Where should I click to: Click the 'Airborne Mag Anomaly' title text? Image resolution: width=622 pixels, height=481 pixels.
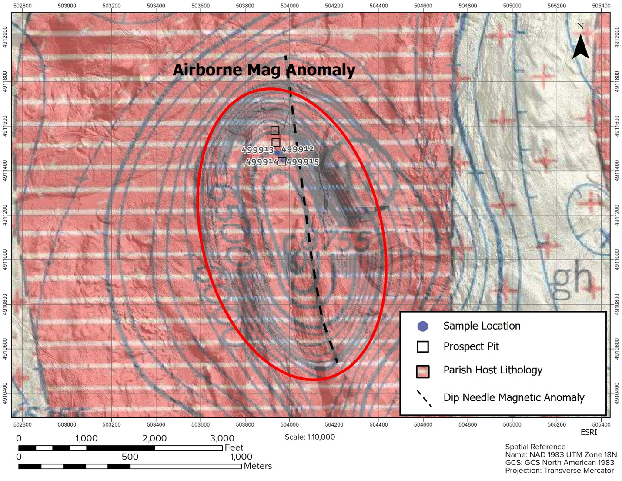tap(264, 70)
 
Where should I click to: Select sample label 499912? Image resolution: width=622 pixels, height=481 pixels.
tap(298, 149)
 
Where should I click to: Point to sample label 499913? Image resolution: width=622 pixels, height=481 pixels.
tap(257, 150)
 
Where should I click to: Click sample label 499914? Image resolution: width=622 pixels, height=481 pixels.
tap(262, 162)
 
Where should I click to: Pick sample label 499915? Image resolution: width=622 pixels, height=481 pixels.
tap(303, 162)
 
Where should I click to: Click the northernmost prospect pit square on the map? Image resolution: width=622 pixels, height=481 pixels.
tap(274, 130)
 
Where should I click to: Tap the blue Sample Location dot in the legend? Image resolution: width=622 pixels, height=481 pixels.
tap(422, 326)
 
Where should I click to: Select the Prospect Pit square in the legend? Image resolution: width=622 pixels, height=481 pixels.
tap(423, 346)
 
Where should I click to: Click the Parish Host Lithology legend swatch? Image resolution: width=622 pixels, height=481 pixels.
tap(423, 371)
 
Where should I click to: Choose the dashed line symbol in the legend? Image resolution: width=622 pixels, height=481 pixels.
tap(424, 398)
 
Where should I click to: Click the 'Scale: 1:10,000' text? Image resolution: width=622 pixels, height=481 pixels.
tap(310, 437)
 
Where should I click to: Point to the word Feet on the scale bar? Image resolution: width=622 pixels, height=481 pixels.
tap(234, 447)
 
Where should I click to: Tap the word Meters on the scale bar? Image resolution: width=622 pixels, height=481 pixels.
tap(257, 466)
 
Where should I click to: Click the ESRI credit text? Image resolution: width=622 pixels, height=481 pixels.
tap(589, 432)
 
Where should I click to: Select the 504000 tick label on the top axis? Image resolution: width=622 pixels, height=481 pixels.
tap(289, 6)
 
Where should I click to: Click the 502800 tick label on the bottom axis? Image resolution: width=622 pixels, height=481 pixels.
tap(23, 424)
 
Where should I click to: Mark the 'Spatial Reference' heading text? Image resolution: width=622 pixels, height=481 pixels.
tap(535, 447)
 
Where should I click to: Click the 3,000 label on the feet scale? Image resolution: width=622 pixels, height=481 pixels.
tap(222, 438)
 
